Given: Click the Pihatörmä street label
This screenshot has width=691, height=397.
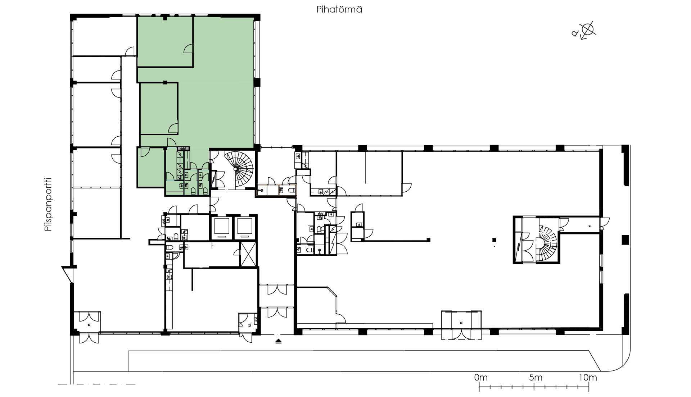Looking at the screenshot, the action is pos(339,10).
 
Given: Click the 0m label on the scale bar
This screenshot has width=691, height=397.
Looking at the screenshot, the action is pos(481,378).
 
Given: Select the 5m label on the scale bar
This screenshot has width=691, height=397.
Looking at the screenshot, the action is pos(536,378).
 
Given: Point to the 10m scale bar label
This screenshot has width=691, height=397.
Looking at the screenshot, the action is pos(588,378).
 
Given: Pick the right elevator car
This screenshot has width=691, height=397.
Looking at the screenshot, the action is pos(244,227).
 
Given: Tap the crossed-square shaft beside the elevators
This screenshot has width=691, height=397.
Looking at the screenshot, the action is pos(248,254).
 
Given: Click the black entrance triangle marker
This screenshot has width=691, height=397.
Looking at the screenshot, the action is pos(279,341).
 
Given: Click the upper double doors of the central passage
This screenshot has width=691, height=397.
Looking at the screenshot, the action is pos(277,289).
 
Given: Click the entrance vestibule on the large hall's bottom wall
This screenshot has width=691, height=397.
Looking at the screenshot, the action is pos(461,325).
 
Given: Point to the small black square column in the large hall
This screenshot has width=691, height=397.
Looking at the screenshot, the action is pos(494,240).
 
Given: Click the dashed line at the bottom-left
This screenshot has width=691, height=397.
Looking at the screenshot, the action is pos(96,384).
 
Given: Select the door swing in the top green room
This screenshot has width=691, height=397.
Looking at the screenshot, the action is pos(188,49).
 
